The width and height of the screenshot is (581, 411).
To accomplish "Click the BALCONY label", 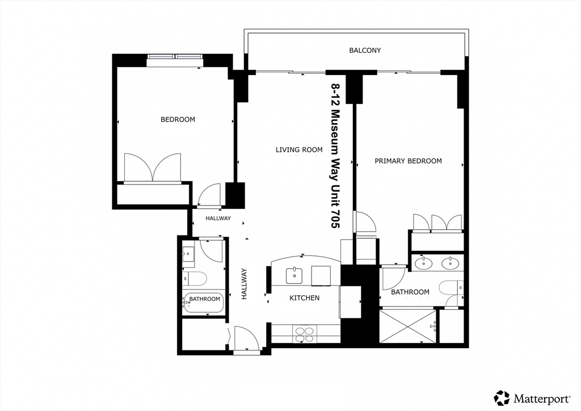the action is (x=365, y=51).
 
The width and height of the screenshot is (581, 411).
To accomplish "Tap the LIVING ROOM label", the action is (x=299, y=150).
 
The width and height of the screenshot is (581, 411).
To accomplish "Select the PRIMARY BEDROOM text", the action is (x=408, y=161).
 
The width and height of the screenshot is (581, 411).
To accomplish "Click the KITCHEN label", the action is (x=304, y=298).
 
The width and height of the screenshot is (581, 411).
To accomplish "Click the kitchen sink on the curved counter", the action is (x=294, y=275).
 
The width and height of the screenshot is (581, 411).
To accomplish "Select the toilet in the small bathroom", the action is (x=194, y=279).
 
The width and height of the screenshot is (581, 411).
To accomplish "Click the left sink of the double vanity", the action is (x=423, y=263).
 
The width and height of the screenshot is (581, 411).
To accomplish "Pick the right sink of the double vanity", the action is (x=450, y=263).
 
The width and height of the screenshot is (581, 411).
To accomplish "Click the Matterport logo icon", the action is (x=502, y=397).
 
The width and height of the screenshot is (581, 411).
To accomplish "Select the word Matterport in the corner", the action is (x=541, y=399).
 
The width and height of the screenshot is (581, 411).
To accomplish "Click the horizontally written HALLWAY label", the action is (x=218, y=219).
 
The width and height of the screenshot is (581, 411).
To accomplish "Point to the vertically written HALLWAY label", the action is (x=244, y=284).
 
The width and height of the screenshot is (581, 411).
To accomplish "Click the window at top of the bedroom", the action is (x=175, y=60).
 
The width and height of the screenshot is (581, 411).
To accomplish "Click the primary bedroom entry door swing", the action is (x=365, y=221).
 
